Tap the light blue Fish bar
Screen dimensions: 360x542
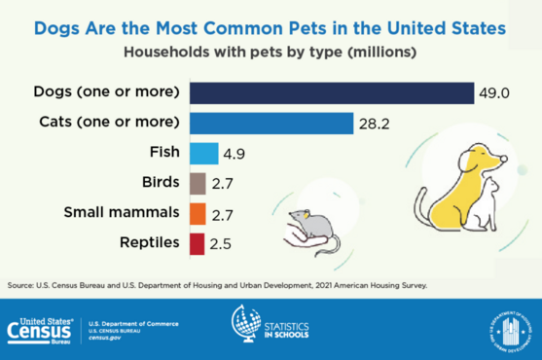[202, 153]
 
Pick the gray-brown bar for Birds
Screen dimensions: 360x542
[197, 183]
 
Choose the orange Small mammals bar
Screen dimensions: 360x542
[197, 212]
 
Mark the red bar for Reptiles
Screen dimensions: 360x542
[196, 242]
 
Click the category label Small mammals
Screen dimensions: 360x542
[122, 212]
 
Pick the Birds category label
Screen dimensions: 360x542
[160, 183]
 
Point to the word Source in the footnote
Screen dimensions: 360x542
[20, 285]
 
